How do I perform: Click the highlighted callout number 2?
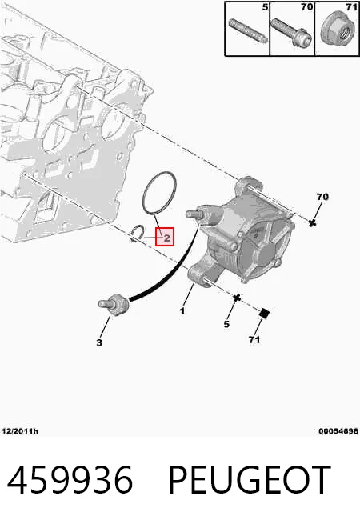point(166,238)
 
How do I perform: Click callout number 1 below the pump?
point(182,311)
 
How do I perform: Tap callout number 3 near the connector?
point(99,342)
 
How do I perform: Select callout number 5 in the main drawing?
point(226,324)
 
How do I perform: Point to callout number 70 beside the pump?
point(322,197)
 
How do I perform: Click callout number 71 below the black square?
point(254,339)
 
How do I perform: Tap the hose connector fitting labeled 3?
point(114,304)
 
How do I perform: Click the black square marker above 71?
point(265,313)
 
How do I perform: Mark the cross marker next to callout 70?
point(312,223)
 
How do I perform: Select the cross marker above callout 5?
point(237,297)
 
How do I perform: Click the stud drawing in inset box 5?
point(248,30)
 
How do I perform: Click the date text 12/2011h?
point(20,431)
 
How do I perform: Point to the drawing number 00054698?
point(338,431)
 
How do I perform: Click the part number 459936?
point(70,479)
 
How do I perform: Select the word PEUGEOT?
point(250,479)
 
